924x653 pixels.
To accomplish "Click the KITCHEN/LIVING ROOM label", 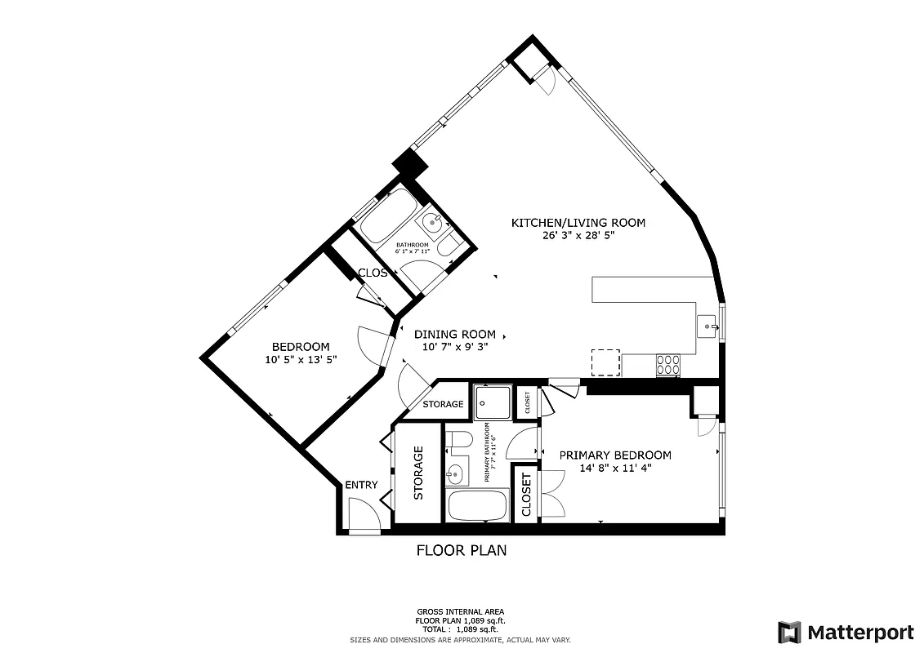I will coord(578,222).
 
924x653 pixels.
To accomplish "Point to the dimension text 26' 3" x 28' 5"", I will coord(578,235).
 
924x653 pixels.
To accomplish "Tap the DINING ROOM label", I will coord(454,334).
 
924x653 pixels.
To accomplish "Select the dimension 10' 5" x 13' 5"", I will coord(301,359).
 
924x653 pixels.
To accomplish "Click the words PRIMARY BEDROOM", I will coord(614,455).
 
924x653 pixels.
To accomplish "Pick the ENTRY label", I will coord(361,485).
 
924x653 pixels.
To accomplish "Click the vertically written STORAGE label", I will coord(417,473).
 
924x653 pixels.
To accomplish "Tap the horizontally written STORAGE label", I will coord(443,404).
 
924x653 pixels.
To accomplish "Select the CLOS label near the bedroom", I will coord(373,273).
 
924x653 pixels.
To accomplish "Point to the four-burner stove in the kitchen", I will coord(668,363).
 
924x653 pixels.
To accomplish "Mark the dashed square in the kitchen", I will coord(605,362).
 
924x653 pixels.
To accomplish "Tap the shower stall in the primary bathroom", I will coord(493,401).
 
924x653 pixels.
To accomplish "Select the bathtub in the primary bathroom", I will coord(478,505).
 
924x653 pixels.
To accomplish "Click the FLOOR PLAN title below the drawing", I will coord(461,550).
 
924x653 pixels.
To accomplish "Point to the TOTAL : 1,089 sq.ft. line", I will coord(460,629).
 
